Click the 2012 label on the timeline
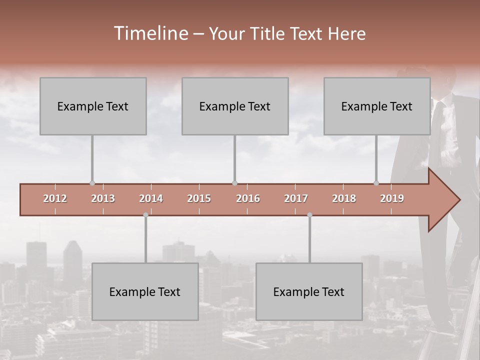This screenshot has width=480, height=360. pyautogui.click(x=55, y=198)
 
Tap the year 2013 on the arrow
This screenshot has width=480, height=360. pyautogui.click(x=103, y=198)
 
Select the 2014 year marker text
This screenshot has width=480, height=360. pyautogui.click(x=151, y=198)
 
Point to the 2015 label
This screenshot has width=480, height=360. pyautogui.click(x=199, y=198)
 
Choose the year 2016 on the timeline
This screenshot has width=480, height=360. pyautogui.click(x=248, y=198)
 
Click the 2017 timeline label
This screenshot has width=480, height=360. pyautogui.click(x=296, y=198)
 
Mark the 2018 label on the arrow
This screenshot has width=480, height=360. pyautogui.click(x=344, y=198)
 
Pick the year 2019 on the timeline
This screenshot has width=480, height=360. pyautogui.click(x=392, y=198)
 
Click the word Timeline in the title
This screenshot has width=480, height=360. pyautogui.click(x=150, y=33)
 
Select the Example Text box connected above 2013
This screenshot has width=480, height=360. pyautogui.click(x=93, y=106)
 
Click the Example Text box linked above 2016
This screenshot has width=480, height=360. pyautogui.click(x=235, y=106)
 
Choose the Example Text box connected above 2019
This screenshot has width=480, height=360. pyautogui.click(x=377, y=106)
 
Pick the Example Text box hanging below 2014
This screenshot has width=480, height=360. pyautogui.click(x=145, y=291)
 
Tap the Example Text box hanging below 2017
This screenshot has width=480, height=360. pyautogui.click(x=309, y=291)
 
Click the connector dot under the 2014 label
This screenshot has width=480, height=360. pyautogui.click(x=145, y=215)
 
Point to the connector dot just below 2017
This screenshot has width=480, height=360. pyautogui.click(x=309, y=215)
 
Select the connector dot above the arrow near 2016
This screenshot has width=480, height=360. pyautogui.click(x=234, y=183)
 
